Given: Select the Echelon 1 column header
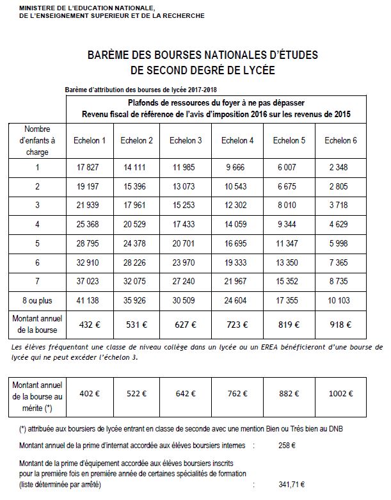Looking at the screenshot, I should (90, 140).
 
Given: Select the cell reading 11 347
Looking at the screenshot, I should (287, 243).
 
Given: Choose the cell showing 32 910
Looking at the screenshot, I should (90, 262).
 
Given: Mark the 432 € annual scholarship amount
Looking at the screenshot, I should (90, 325).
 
